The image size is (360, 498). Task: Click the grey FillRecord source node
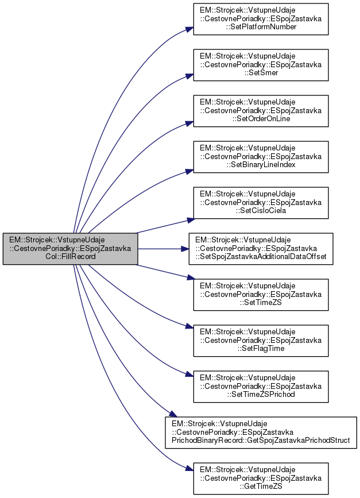point(70,249)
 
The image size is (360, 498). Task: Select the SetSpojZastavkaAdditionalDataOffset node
point(262,249)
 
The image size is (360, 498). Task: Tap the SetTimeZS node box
point(260,295)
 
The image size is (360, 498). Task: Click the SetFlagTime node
point(260,341)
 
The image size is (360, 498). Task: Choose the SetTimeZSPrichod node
point(260,387)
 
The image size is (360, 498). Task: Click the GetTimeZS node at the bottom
point(260,478)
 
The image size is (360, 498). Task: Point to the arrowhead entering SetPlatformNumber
point(189,28)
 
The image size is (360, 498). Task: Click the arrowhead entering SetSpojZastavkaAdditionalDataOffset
point(185,249)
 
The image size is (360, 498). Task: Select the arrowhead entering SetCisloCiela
point(189,218)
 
